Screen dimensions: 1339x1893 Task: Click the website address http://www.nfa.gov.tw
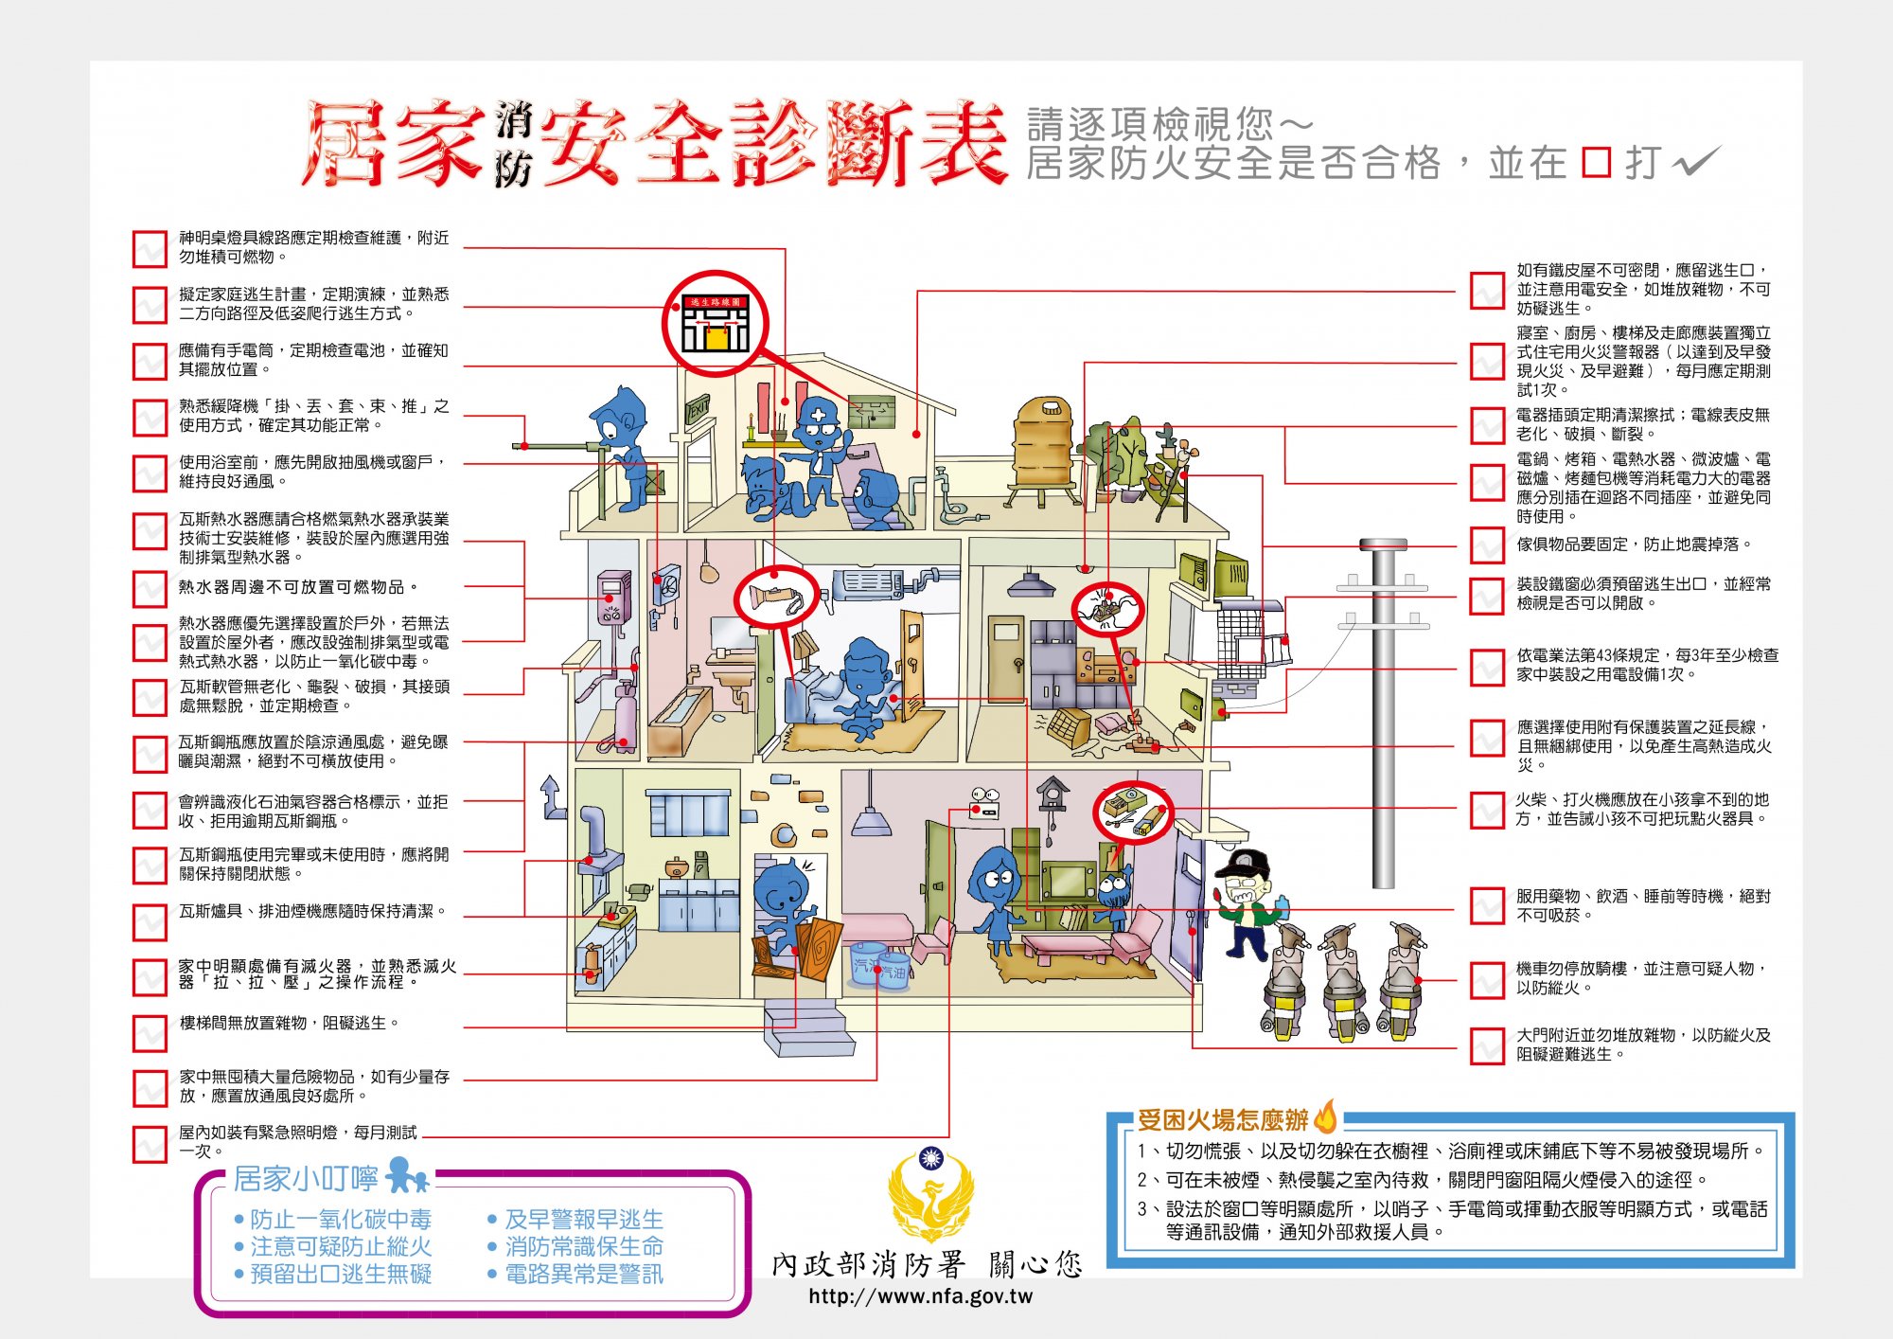pos(920,1296)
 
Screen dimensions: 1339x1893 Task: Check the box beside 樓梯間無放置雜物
pos(150,1033)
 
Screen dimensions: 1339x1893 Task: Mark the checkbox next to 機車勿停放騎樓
pos(1487,979)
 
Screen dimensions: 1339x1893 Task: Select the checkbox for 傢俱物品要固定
pos(1487,545)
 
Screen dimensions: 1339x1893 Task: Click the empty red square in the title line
pos(1596,163)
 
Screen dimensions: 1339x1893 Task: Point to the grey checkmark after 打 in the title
pos(1697,162)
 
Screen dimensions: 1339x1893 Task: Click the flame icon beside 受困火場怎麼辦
pos(1326,1117)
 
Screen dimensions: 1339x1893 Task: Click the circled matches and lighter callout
pos(1133,812)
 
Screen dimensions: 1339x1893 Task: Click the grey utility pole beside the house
pos(1383,710)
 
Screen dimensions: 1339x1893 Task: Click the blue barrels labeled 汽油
pos(879,965)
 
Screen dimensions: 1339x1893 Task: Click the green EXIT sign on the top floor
pos(698,408)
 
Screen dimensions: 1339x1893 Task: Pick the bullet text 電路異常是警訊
pos(583,1274)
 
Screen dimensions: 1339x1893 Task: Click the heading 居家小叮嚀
pos(305,1179)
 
